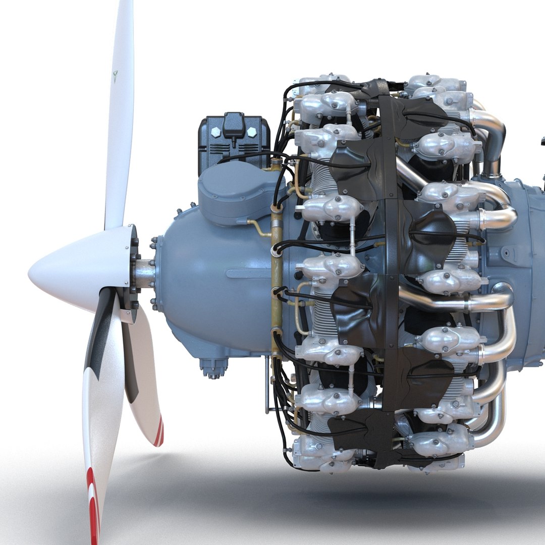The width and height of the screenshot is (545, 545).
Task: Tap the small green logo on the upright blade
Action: coord(116,76)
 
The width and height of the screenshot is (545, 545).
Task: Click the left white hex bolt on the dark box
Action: coord(215,131)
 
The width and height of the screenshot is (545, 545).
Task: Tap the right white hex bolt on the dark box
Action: coord(251,131)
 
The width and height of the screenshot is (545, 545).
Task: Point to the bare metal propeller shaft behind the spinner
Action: coord(145,273)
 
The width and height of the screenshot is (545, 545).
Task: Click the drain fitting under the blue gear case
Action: coord(213,366)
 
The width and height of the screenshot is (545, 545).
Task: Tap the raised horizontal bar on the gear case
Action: coord(250,274)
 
